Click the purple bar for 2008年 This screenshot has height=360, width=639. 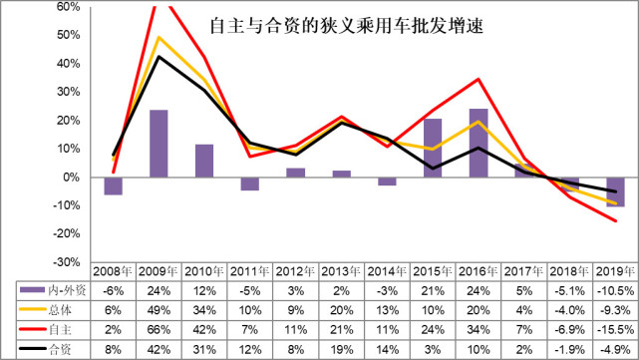pos(113,185)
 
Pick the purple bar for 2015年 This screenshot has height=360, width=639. pos(433,148)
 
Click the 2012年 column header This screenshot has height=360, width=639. pos(295,271)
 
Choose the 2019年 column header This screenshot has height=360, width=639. pos(615,271)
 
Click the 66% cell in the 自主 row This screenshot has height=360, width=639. pos(159,329)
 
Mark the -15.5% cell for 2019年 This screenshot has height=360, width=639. pos(615,329)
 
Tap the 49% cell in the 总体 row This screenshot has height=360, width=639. pos(159,310)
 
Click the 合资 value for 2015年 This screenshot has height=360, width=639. pos(433,348)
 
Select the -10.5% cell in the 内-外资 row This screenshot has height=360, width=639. pos(615,291)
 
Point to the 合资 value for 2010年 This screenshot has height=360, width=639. pos(204,348)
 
